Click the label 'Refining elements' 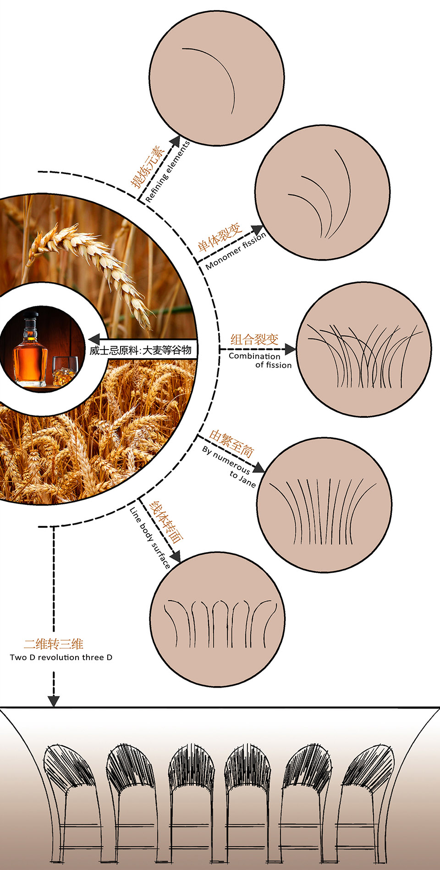[168, 172]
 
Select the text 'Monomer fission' [236, 251]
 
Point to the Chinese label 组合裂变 [254, 339]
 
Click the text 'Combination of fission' [260, 360]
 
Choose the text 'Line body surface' [150, 538]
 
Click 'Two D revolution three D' [61, 657]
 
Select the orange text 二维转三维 [54, 644]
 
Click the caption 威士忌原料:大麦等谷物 [140, 350]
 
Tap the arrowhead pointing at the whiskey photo [93, 339]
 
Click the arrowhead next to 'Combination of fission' [290, 350]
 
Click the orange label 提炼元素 [148, 167]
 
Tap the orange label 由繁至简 [231, 443]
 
